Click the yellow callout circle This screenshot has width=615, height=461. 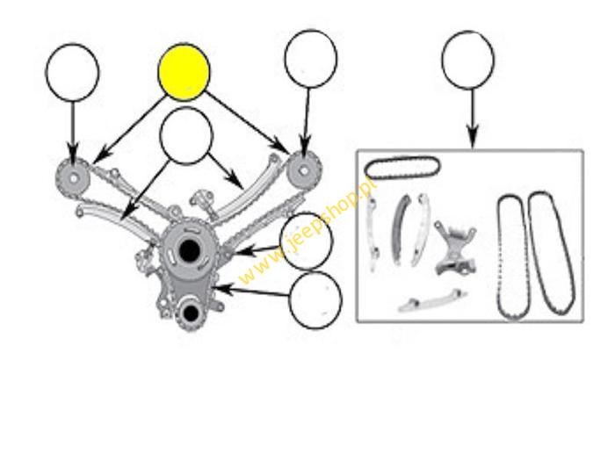(x=184, y=72)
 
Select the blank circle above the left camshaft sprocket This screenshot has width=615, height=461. (x=73, y=73)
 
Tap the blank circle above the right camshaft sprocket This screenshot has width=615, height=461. (x=311, y=59)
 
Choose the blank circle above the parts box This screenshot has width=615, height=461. (x=468, y=60)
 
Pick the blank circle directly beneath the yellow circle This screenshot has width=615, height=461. (x=186, y=135)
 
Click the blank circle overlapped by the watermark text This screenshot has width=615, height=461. (x=307, y=241)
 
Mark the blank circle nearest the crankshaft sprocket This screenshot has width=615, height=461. (x=315, y=300)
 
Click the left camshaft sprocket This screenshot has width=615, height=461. (x=73, y=178)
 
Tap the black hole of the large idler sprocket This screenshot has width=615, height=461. (x=189, y=250)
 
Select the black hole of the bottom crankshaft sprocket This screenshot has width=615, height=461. (x=191, y=313)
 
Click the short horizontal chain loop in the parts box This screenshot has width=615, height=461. (x=402, y=168)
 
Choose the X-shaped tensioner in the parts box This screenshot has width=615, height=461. (x=456, y=248)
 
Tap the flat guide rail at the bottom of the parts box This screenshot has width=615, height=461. (x=432, y=301)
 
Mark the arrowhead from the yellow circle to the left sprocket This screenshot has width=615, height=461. (x=100, y=156)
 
